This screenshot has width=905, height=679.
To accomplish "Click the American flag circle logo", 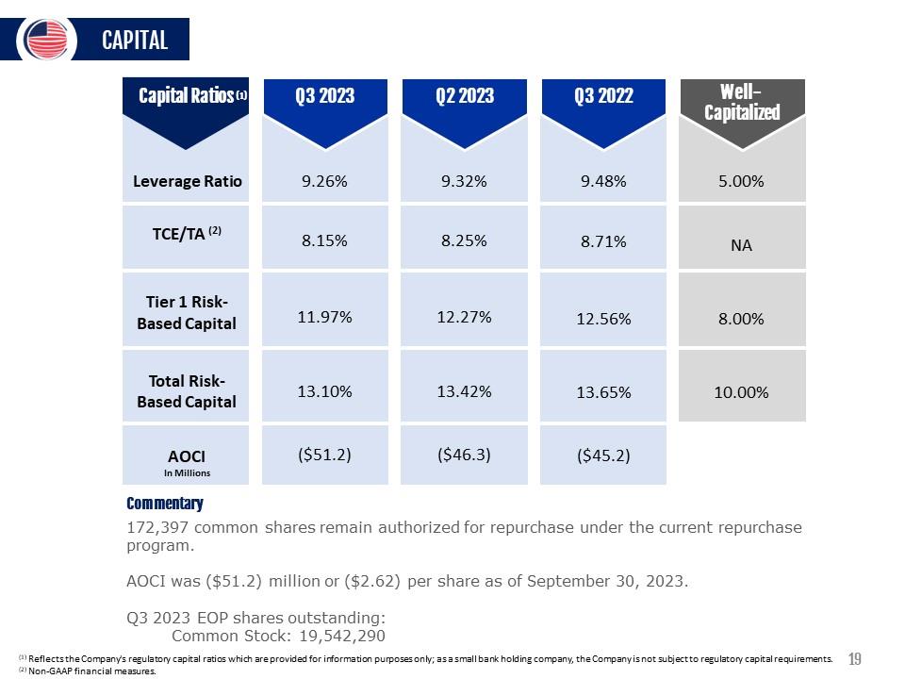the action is pyautogui.click(x=47, y=40).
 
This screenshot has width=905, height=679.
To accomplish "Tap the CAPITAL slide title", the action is pyautogui.click(x=135, y=41).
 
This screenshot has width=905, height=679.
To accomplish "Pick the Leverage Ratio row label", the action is pyautogui.click(x=187, y=181).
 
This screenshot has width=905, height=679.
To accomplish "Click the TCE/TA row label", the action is pyautogui.click(x=187, y=233).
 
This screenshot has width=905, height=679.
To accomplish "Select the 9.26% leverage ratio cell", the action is pyautogui.click(x=324, y=181).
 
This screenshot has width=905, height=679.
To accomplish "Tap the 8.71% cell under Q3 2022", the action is pyautogui.click(x=603, y=241).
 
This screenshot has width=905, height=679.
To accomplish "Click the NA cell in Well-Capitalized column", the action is pyautogui.click(x=741, y=245).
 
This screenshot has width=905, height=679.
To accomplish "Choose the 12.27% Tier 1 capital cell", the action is pyautogui.click(x=464, y=317).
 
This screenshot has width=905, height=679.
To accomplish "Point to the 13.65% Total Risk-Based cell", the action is pyautogui.click(x=603, y=392).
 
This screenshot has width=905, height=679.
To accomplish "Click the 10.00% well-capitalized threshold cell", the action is pyautogui.click(x=741, y=392).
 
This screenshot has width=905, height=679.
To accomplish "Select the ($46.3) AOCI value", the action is pyautogui.click(x=464, y=455).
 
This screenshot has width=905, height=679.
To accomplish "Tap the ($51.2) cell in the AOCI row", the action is pyautogui.click(x=324, y=455).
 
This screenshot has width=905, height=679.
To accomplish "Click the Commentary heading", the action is pyautogui.click(x=165, y=504).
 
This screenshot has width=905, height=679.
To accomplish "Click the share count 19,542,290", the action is pyautogui.click(x=342, y=636).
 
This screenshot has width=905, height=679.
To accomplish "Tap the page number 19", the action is pyautogui.click(x=854, y=659).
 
